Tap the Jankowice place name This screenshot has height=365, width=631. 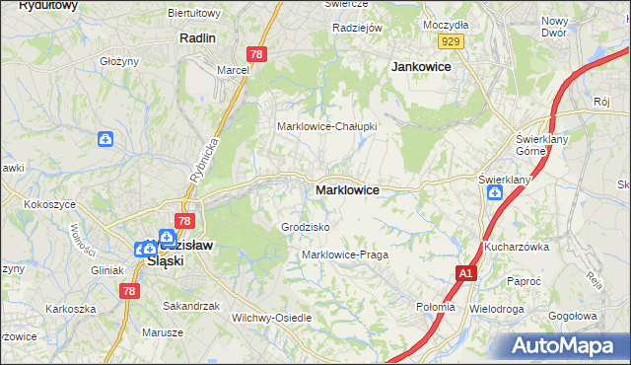[x=421, y=66]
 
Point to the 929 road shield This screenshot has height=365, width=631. [x=452, y=40]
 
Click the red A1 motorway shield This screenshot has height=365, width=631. [x=466, y=272]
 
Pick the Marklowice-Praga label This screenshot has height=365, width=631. [x=344, y=255]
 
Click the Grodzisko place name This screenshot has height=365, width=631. [x=305, y=227]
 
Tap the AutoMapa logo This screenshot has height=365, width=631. [x=566, y=346]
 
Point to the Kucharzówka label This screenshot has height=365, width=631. [x=516, y=247]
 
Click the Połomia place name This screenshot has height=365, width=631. [x=436, y=307]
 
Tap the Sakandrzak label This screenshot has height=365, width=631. [x=191, y=306]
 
